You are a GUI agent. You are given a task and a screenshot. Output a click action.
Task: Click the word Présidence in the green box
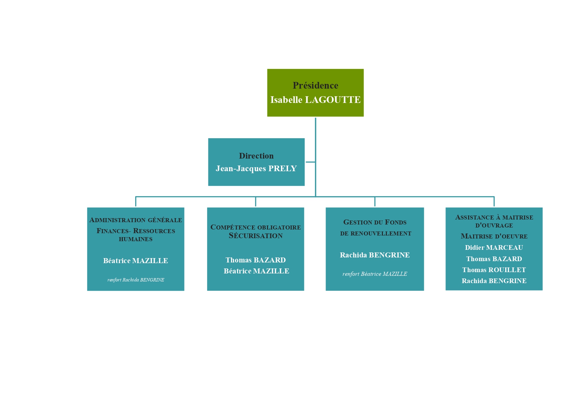click(315, 86)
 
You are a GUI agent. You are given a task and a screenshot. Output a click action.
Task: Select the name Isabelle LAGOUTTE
click(315, 100)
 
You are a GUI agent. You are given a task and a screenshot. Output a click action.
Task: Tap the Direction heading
click(256, 156)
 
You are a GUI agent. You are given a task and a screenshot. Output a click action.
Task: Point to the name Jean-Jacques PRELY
click(256, 169)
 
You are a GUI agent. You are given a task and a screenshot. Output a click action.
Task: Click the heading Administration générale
click(136, 220)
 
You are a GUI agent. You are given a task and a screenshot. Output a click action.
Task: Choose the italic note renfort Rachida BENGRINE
click(136, 280)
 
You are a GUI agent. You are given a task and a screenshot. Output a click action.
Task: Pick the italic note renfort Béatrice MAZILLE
click(375, 274)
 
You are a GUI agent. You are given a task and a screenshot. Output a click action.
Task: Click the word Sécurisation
click(255, 235)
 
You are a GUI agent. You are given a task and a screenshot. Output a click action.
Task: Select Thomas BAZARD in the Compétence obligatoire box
click(255, 260)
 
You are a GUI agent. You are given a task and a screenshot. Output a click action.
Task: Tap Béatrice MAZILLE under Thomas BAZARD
click(256, 271)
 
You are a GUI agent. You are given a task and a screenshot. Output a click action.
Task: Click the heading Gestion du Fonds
click(375, 222)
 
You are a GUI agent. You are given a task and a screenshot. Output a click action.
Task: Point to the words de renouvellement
click(376, 233)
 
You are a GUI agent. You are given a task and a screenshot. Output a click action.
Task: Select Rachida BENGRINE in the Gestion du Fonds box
click(375, 255)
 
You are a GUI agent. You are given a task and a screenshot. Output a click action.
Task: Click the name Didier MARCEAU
click(494, 247)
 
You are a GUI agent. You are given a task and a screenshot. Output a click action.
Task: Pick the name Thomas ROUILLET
click(494, 270)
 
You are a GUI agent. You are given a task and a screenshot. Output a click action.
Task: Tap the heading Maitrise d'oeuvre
click(494, 236)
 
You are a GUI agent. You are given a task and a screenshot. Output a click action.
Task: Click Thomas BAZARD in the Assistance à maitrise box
click(494, 259)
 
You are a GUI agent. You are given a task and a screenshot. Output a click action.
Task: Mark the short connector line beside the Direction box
click(310, 162)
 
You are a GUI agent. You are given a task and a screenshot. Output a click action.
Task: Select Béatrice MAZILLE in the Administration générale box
click(136, 261)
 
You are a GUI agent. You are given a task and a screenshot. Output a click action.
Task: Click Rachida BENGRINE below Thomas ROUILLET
click(494, 281)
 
